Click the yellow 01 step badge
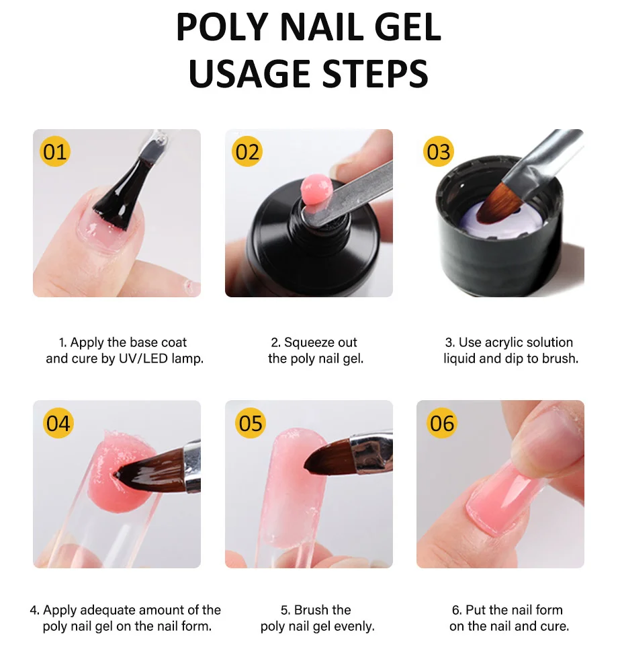55,151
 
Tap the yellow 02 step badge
247,151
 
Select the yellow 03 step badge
439,151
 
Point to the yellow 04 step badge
58,423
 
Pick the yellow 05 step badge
251,423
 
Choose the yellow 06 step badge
442,423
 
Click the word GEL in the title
407,27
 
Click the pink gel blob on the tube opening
316,190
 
